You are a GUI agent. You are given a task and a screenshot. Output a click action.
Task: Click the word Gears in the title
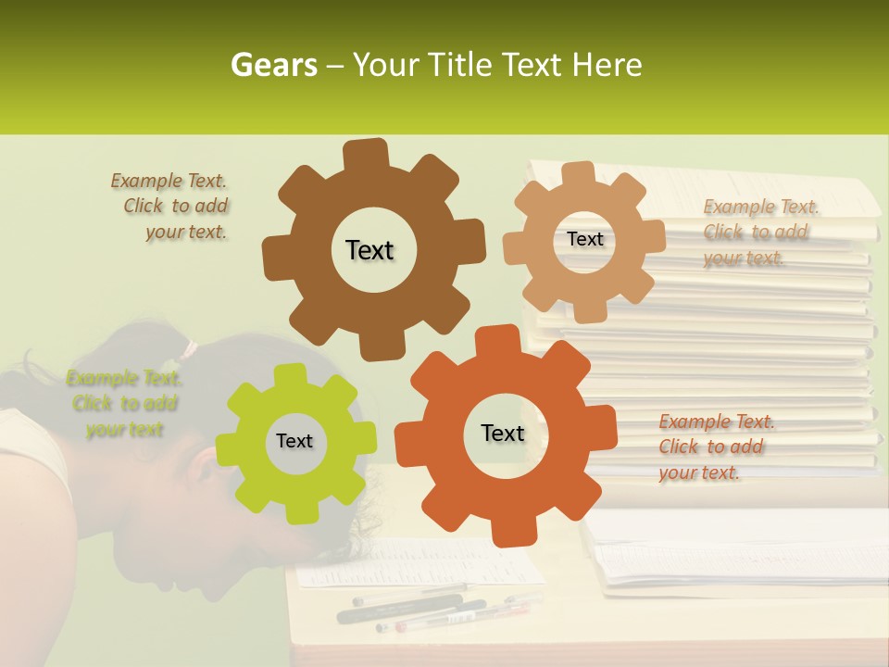(x=272, y=65)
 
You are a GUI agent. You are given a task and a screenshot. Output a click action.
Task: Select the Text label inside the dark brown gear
(x=369, y=250)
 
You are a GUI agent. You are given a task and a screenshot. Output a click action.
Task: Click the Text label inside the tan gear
(x=584, y=239)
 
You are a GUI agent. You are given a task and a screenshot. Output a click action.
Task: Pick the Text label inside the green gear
(x=294, y=441)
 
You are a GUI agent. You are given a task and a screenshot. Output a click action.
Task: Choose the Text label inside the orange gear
(x=503, y=433)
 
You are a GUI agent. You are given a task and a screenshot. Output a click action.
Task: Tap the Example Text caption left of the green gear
(x=124, y=403)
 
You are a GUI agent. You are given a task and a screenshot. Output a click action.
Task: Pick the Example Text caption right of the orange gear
(x=715, y=447)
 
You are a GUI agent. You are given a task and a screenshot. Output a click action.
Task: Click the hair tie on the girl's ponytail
(x=190, y=349)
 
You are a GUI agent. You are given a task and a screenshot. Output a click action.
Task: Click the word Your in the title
(x=388, y=65)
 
